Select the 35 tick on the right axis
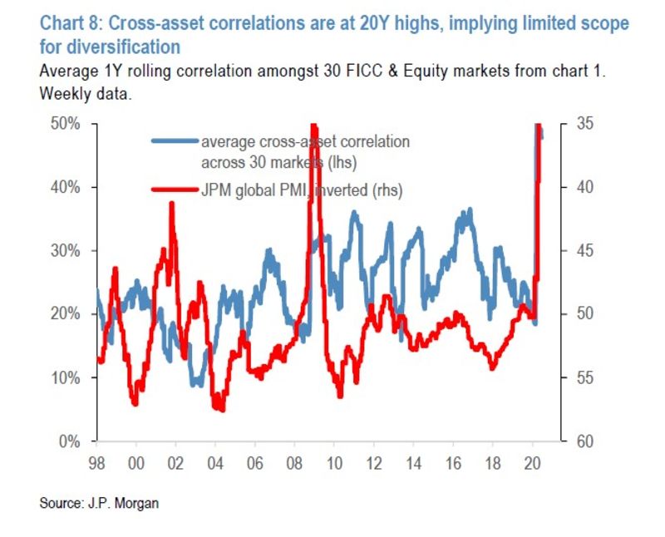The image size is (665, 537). click(584, 124)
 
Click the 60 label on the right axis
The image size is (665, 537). click(584, 441)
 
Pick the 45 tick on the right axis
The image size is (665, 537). click(584, 250)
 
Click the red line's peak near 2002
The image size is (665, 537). click(172, 204)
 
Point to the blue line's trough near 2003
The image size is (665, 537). click(197, 384)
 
